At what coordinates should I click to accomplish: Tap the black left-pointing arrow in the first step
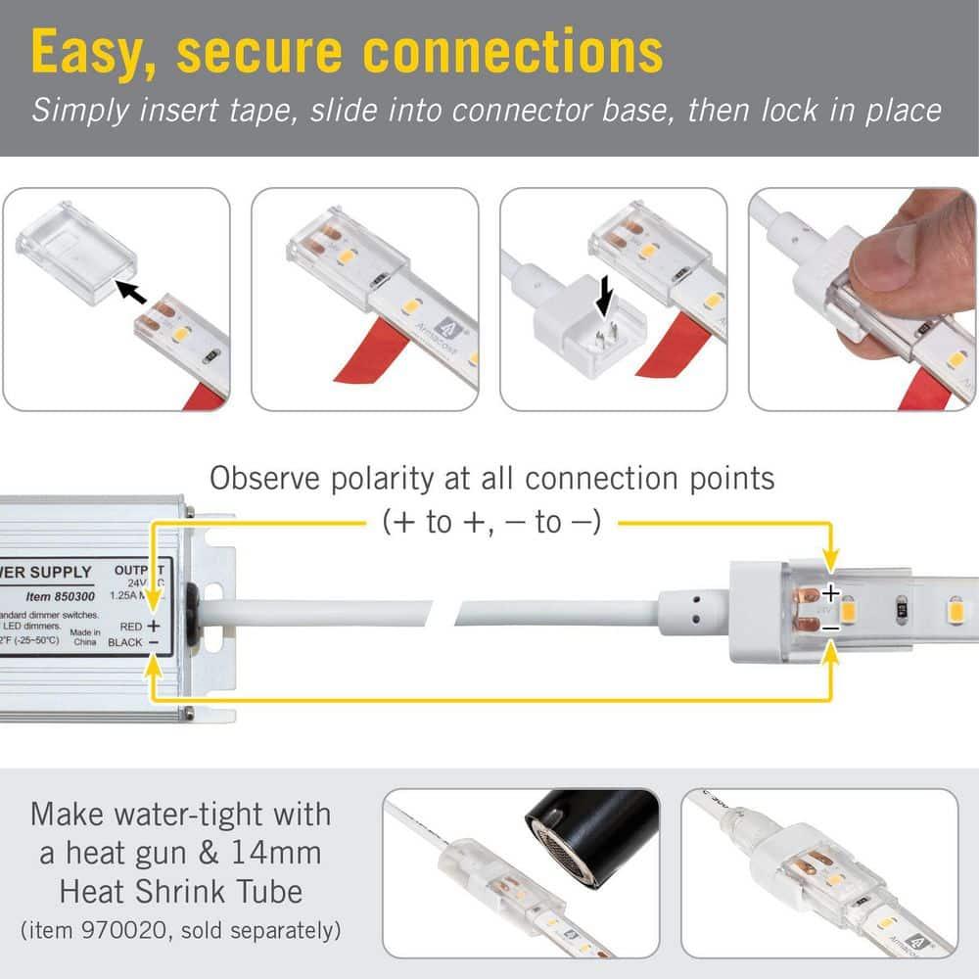coord(130,289)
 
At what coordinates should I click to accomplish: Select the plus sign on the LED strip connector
coord(830,593)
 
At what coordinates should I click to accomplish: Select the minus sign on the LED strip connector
coord(829,628)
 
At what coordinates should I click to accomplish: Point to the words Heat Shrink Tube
coord(180,891)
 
